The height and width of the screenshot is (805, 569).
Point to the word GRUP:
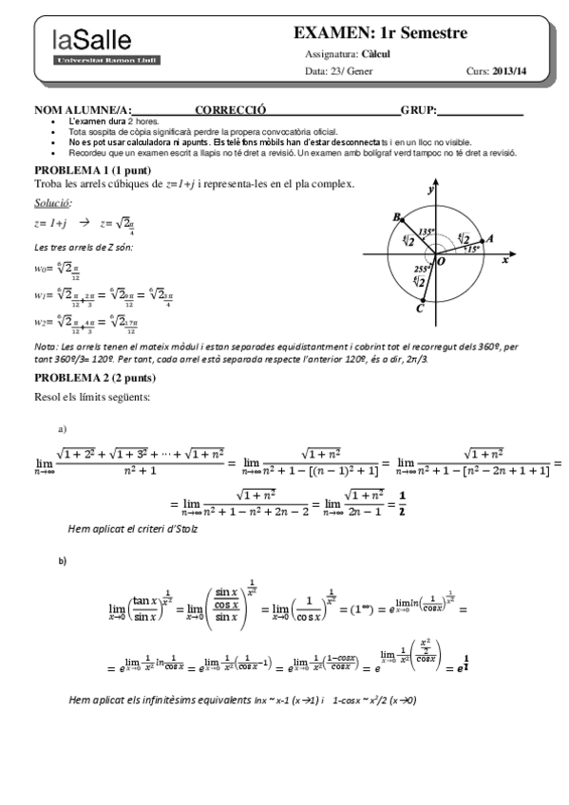419,111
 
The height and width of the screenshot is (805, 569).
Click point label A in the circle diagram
488,239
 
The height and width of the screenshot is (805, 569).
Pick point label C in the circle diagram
420,308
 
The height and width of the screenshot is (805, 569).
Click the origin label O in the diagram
440,261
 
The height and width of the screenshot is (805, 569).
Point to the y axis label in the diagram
430,190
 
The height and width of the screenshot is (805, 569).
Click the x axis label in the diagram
504,259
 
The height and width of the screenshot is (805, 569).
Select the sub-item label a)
63,429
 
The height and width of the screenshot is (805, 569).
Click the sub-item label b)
63,561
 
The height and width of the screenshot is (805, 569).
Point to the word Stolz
183,529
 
